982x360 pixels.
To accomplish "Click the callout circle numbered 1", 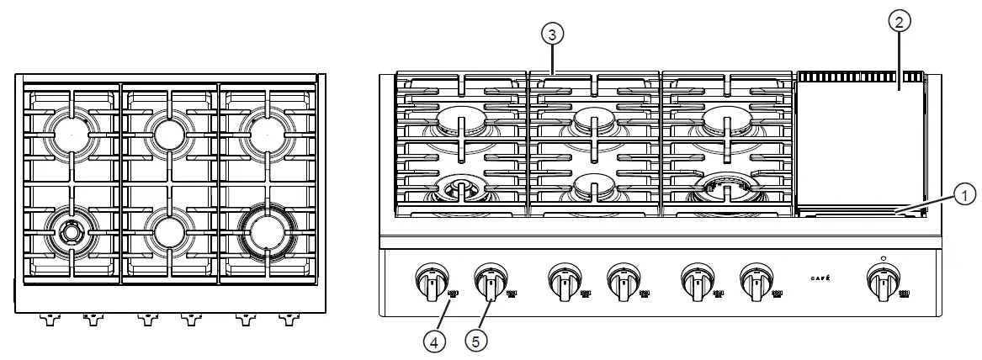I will click(x=965, y=194).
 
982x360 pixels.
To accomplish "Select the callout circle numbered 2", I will click(x=899, y=24).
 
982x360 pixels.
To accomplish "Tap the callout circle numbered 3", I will click(x=551, y=34).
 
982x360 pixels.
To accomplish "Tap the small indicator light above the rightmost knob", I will click(x=883, y=258).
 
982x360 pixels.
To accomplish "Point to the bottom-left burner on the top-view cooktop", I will click(x=71, y=230).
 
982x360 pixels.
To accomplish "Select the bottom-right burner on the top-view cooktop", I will click(x=267, y=230).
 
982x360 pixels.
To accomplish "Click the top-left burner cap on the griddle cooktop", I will click(x=461, y=119).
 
